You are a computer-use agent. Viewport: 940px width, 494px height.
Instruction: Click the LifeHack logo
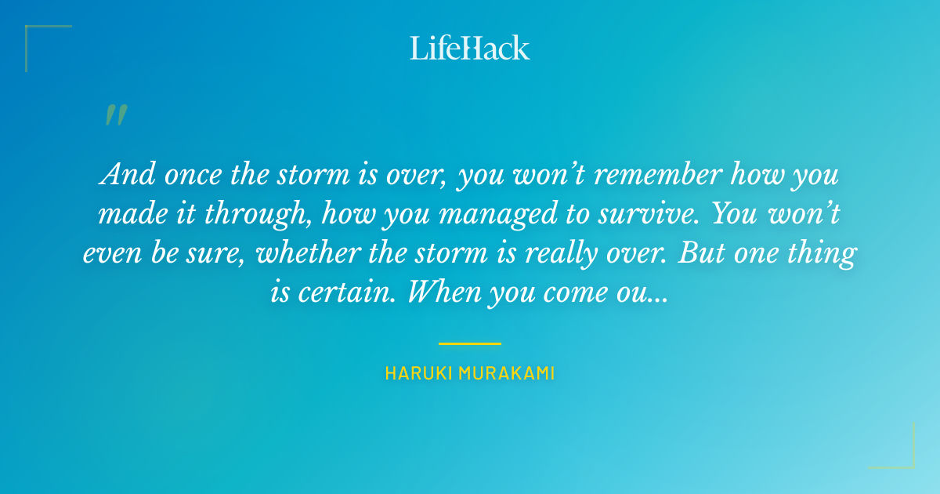click(469, 48)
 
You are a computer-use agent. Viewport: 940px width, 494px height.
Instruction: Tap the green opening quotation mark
click(115, 116)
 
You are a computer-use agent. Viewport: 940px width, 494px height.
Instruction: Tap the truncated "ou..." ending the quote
click(647, 293)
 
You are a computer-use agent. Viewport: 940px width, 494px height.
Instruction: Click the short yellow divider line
click(469, 343)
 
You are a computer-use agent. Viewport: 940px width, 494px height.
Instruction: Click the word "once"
click(186, 175)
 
